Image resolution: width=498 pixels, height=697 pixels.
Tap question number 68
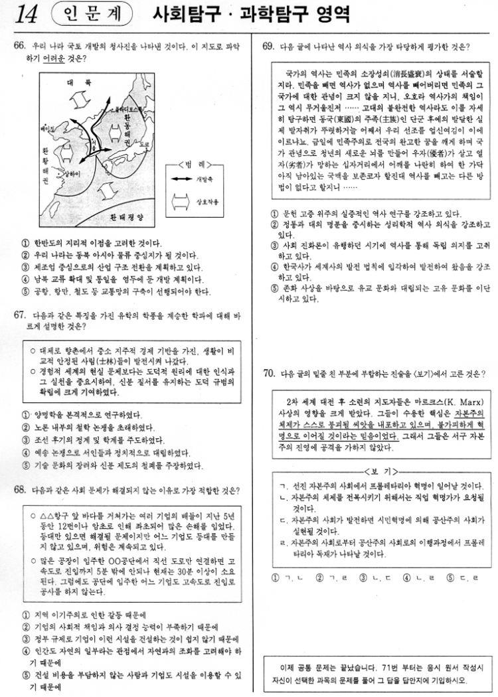coord(18,490)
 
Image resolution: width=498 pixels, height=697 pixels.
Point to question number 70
coord(268,374)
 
